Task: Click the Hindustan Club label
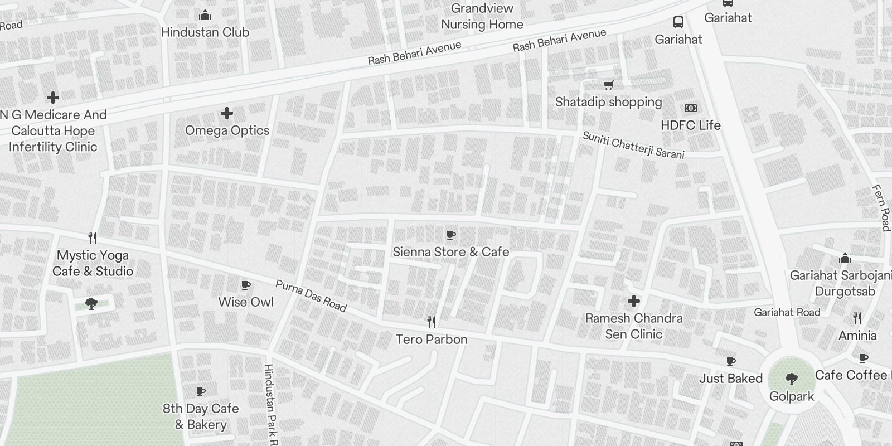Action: pos(205,32)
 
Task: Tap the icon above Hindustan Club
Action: pos(205,15)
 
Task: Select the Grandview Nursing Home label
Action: pos(482,16)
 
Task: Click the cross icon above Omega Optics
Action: pos(226,113)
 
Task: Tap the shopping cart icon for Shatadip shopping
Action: pos(608,85)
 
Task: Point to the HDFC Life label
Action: pos(690,125)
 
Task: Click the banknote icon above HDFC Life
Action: pos(690,108)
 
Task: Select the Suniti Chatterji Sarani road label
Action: pos(633,145)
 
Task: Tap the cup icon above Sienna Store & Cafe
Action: pos(450,235)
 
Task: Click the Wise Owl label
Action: pos(246,302)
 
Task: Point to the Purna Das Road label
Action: pos(311,295)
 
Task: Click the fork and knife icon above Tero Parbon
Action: pos(431,322)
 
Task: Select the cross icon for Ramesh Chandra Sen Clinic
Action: pos(633,301)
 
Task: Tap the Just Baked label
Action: pos(730,379)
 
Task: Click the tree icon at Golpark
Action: pos(791,380)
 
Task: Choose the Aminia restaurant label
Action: pos(857,336)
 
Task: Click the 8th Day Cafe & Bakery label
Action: pos(201,416)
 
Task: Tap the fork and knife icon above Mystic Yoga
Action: pos(93,238)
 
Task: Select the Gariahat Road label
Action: pos(787,312)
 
